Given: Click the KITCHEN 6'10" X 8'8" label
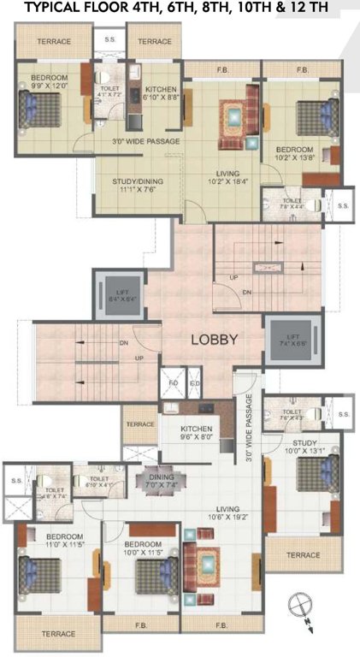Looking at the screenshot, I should [161, 93].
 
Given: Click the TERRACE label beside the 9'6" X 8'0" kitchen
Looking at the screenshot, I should [139, 424].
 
